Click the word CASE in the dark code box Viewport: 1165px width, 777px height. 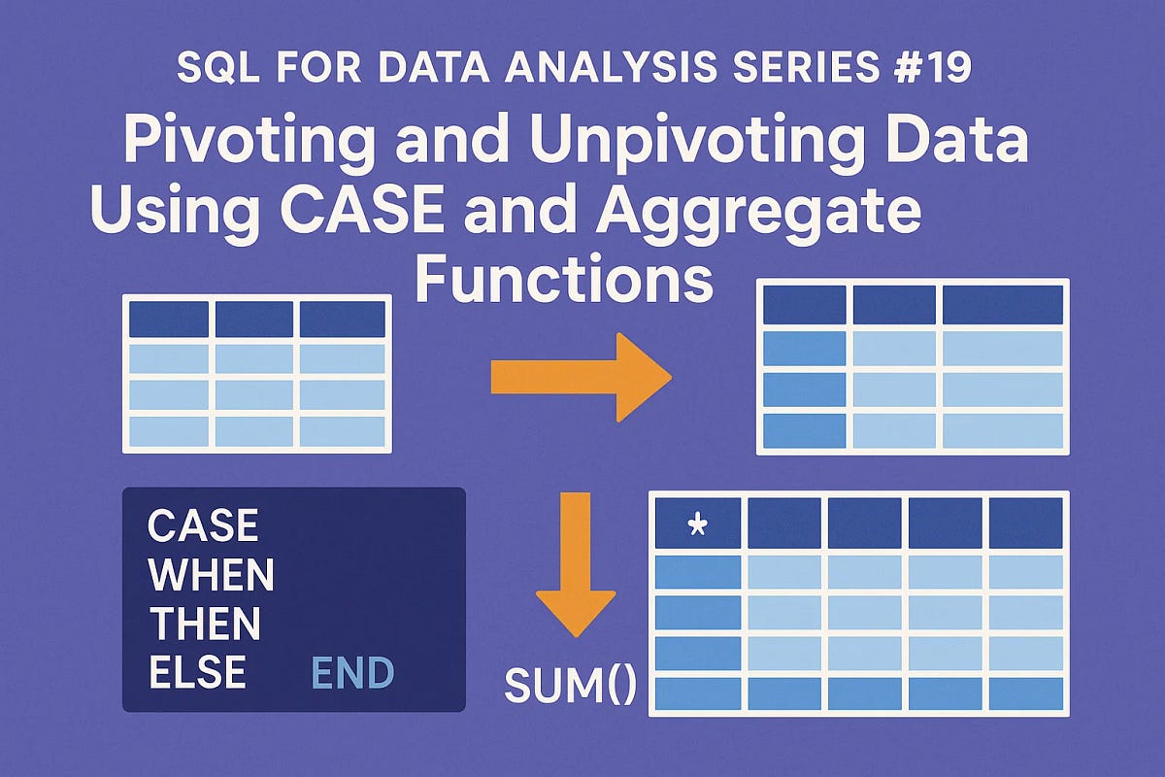click(203, 527)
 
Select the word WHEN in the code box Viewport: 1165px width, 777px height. click(211, 576)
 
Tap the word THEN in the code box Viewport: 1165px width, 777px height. click(204, 624)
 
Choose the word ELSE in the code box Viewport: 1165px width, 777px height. click(196, 672)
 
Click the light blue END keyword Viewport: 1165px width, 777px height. click(351, 672)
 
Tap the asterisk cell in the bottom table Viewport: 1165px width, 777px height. click(697, 525)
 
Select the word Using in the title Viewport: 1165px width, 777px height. click(171, 211)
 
